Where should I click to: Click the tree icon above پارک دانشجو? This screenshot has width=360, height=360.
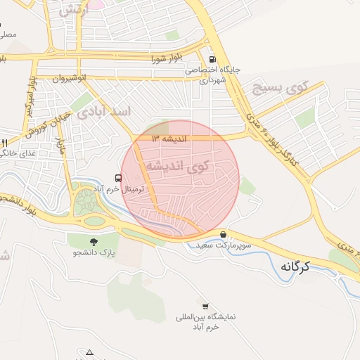[94, 241]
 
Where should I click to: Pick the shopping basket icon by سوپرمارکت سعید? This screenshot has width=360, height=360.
[224, 235]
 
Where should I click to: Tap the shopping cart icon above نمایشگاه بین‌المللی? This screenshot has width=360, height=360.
[205, 307]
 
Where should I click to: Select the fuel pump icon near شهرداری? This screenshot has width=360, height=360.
[212, 60]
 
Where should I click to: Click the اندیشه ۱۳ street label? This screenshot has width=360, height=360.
[168, 139]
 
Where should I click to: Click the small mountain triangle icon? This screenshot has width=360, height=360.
[90, 352]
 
